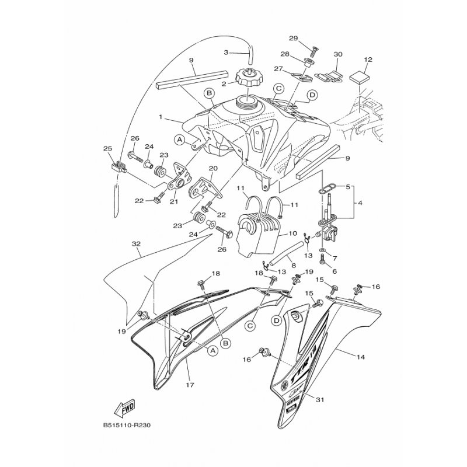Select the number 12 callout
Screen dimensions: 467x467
[368, 60]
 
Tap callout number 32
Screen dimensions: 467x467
[136, 243]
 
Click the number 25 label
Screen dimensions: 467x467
[107, 149]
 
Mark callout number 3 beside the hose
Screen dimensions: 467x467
[226, 52]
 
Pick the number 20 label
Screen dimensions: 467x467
[212, 168]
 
